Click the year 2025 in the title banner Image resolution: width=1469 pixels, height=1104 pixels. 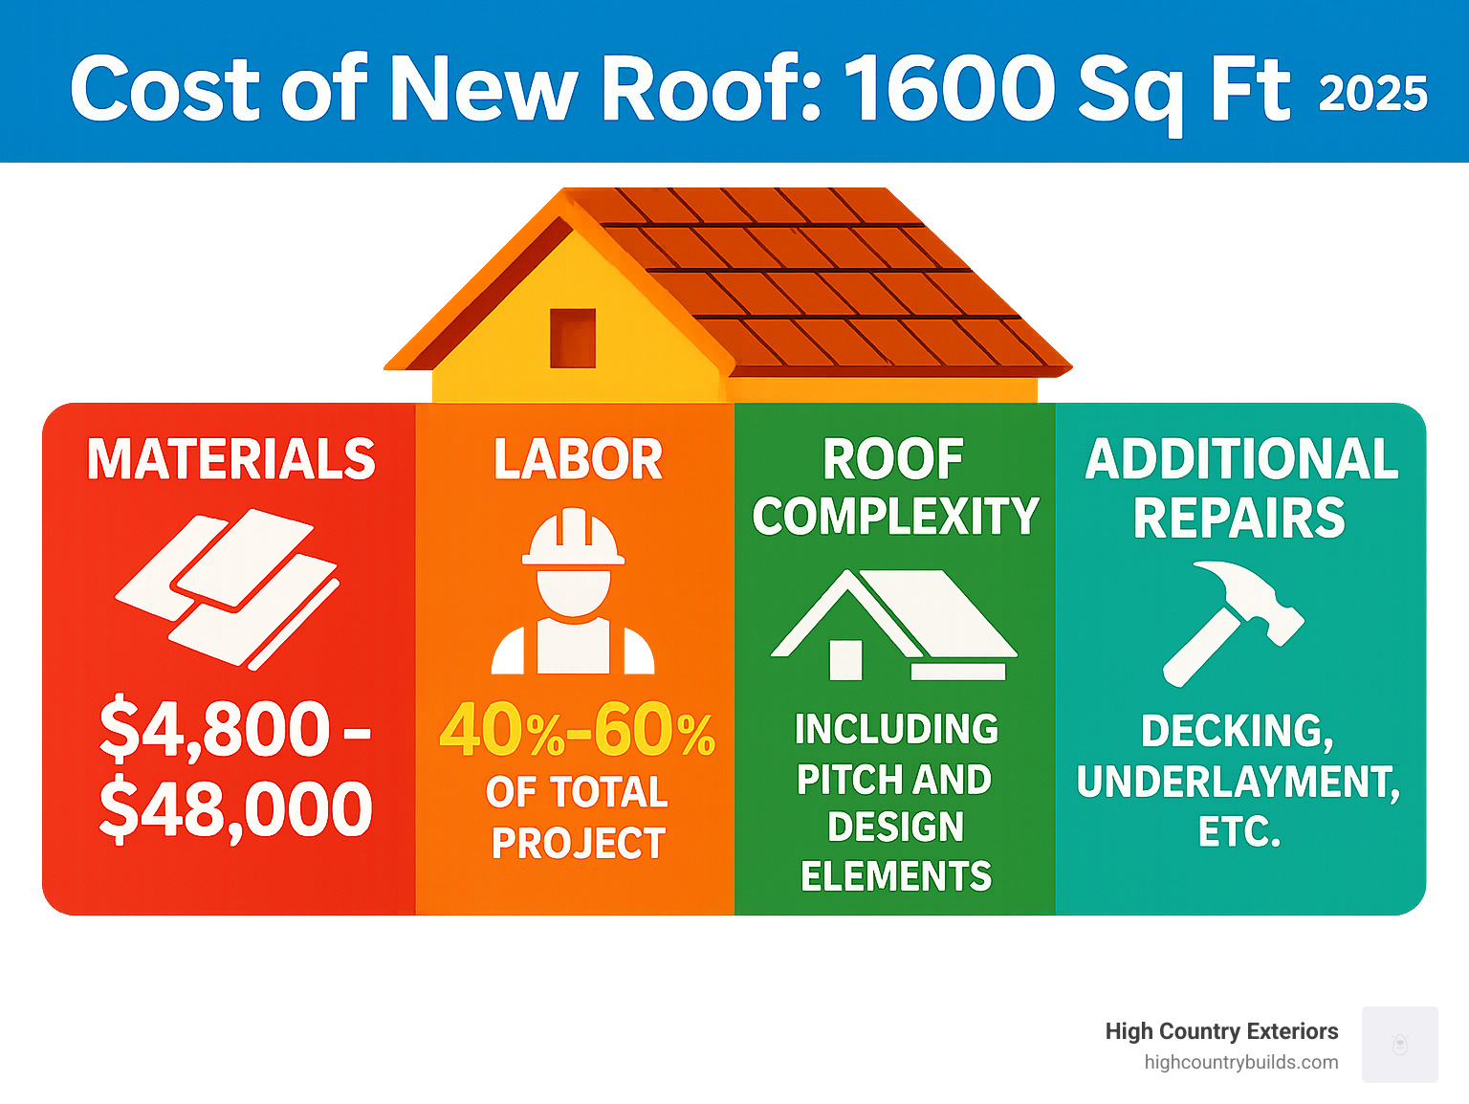click(x=1372, y=94)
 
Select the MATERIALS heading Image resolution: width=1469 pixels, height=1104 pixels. click(x=230, y=459)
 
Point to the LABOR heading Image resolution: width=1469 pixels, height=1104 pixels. click(x=578, y=459)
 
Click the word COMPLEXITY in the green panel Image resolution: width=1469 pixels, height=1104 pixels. click(x=895, y=517)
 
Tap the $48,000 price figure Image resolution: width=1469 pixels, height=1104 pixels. click(x=235, y=809)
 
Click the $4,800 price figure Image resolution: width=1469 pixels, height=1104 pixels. click(x=216, y=729)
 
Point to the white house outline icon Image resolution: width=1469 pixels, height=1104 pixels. click(x=893, y=626)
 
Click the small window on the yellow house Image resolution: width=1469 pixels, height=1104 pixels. click(x=572, y=338)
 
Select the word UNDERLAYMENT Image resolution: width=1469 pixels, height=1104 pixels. click(x=1237, y=782)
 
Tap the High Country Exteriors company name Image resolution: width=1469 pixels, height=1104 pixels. click(x=1221, y=1031)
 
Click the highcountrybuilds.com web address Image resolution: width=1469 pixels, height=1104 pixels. click(x=1240, y=1062)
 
